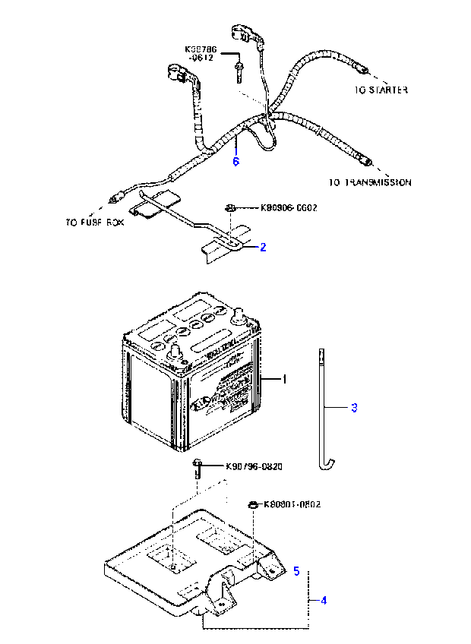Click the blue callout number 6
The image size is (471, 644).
point(235,162)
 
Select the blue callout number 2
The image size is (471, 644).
point(263,247)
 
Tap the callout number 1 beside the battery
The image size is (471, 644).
point(285,378)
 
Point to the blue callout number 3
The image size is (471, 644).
point(354,408)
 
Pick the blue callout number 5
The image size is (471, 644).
point(296,570)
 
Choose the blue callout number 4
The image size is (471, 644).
point(324,601)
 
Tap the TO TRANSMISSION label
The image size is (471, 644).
point(371,183)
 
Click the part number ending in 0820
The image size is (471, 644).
point(254,466)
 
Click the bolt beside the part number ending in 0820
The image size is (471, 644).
point(198,467)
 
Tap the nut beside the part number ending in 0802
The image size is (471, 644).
point(252,504)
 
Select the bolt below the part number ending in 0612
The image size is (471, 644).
point(239,73)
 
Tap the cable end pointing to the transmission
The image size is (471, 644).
point(368,160)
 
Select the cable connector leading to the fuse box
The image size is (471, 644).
point(115,200)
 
